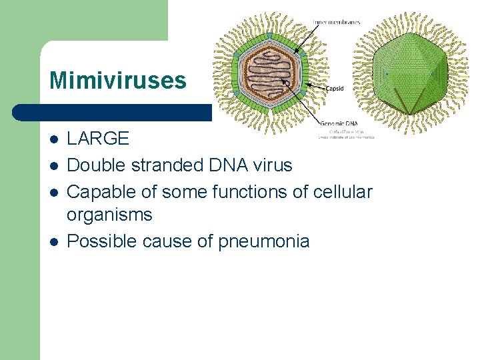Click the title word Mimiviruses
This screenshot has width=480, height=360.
tap(117, 81)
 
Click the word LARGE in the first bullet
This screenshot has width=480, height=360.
tap(98, 139)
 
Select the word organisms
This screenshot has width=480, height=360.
tap(109, 215)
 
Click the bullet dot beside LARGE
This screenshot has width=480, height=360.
tap(53, 139)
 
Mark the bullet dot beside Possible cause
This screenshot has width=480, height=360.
tap(53, 241)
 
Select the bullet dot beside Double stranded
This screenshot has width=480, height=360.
tap(53, 165)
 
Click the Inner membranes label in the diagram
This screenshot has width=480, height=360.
tap(337, 22)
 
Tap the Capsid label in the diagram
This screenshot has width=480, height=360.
tap(335, 88)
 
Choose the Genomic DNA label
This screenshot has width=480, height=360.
tap(339, 123)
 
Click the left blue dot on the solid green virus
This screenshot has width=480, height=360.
tap(386, 74)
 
